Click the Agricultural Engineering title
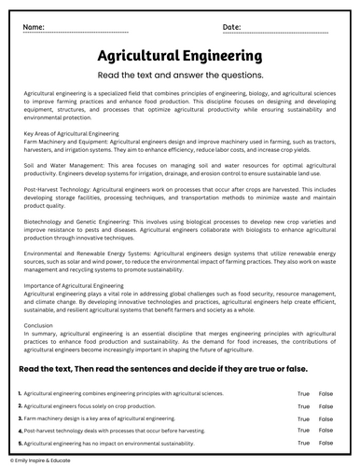(179, 56)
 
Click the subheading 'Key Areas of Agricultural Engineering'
(65, 133)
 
